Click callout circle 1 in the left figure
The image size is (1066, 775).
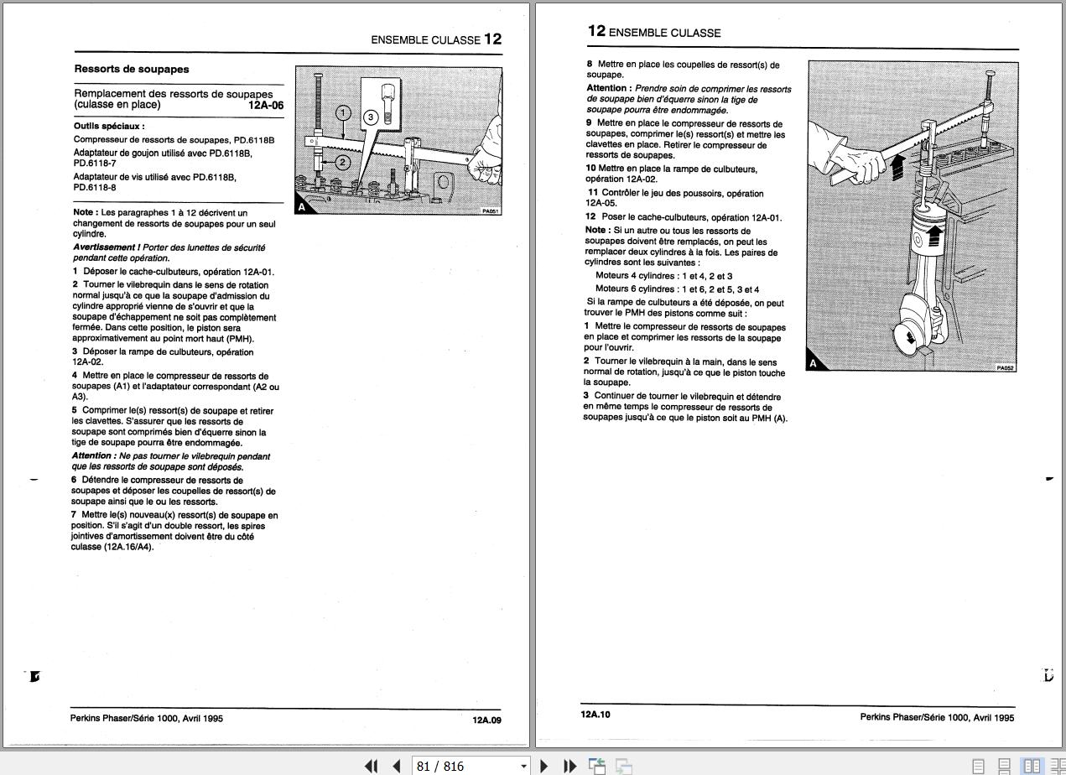pyautogui.click(x=343, y=113)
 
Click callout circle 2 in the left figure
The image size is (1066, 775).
pyautogui.click(x=342, y=162)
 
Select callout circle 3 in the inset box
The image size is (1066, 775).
pyautogui.click(x=371, y=117)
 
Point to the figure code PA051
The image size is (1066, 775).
pyautogui.click(x=491, y=211)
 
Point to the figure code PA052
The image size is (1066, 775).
pyautogui.click(x=1006, y=367)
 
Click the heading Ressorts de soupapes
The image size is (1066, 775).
pyautogui.click(x=132, y=70)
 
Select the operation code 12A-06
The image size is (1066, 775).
pyautogui.click(x=266, y=106)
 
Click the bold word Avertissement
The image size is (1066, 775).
pyautogui.click(x=104, y=247)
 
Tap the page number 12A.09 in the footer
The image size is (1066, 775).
pyautogui.click(x=486, y=720)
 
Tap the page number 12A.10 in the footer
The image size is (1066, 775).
pyautogui.click(x=595, y=715)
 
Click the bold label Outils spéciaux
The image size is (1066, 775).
pyautogui.click(x=109, y=126)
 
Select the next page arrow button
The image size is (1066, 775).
pyautogui.click(x=543, y=766)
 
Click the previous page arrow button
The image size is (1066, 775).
pyautogui.click(x=397, y=766)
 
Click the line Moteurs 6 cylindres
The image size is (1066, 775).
pyautogui.click(x=677, y=289)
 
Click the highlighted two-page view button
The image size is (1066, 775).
pyautogui.click(x=1032, y=766)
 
